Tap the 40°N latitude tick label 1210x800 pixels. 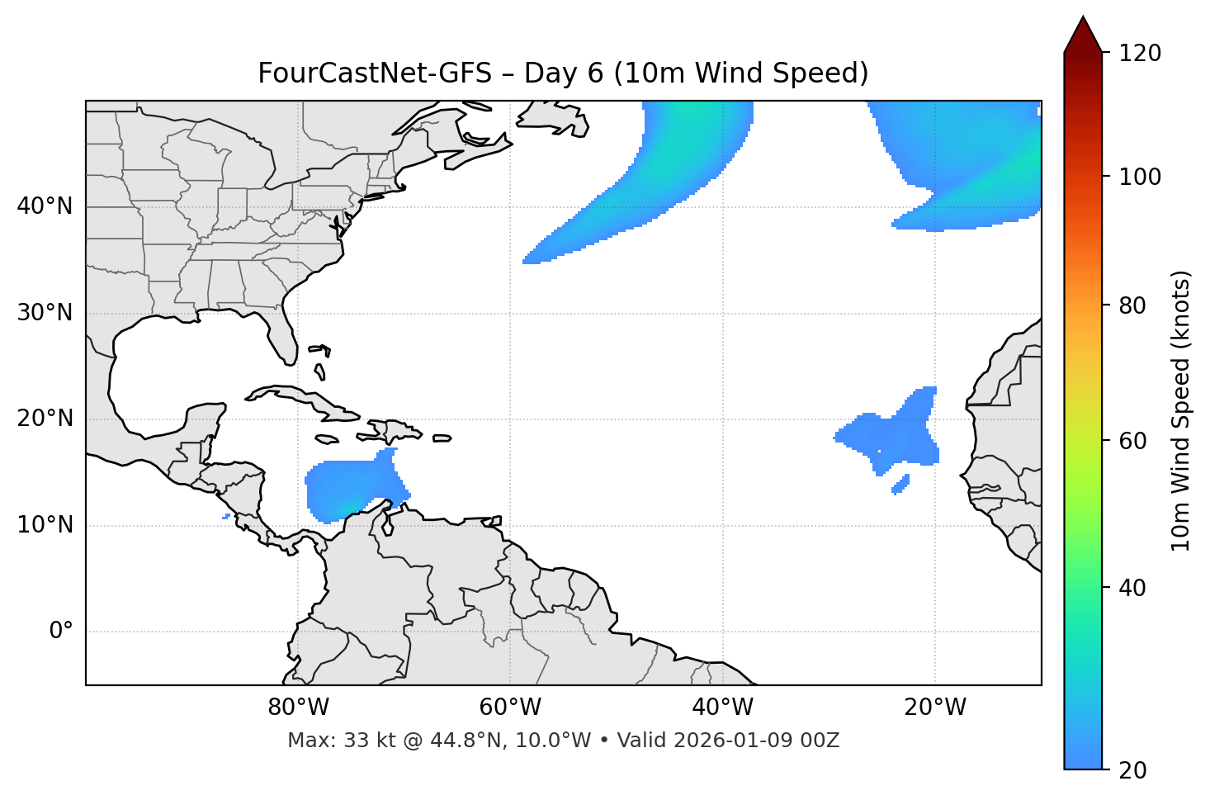[45, 206]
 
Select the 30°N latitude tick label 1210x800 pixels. [45, 313]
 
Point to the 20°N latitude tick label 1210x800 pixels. [45, 419]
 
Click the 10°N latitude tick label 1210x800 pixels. [45, 525]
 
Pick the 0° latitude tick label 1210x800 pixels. [61, 632]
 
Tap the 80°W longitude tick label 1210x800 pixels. [298, 708]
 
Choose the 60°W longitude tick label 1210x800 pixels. [510, 708]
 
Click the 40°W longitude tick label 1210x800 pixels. [722, 708]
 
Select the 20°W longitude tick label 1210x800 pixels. [935, 708]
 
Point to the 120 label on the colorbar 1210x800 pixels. [1141, 54]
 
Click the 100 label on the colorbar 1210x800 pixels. [1141, 177]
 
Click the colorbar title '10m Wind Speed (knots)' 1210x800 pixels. [1181, 410]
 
